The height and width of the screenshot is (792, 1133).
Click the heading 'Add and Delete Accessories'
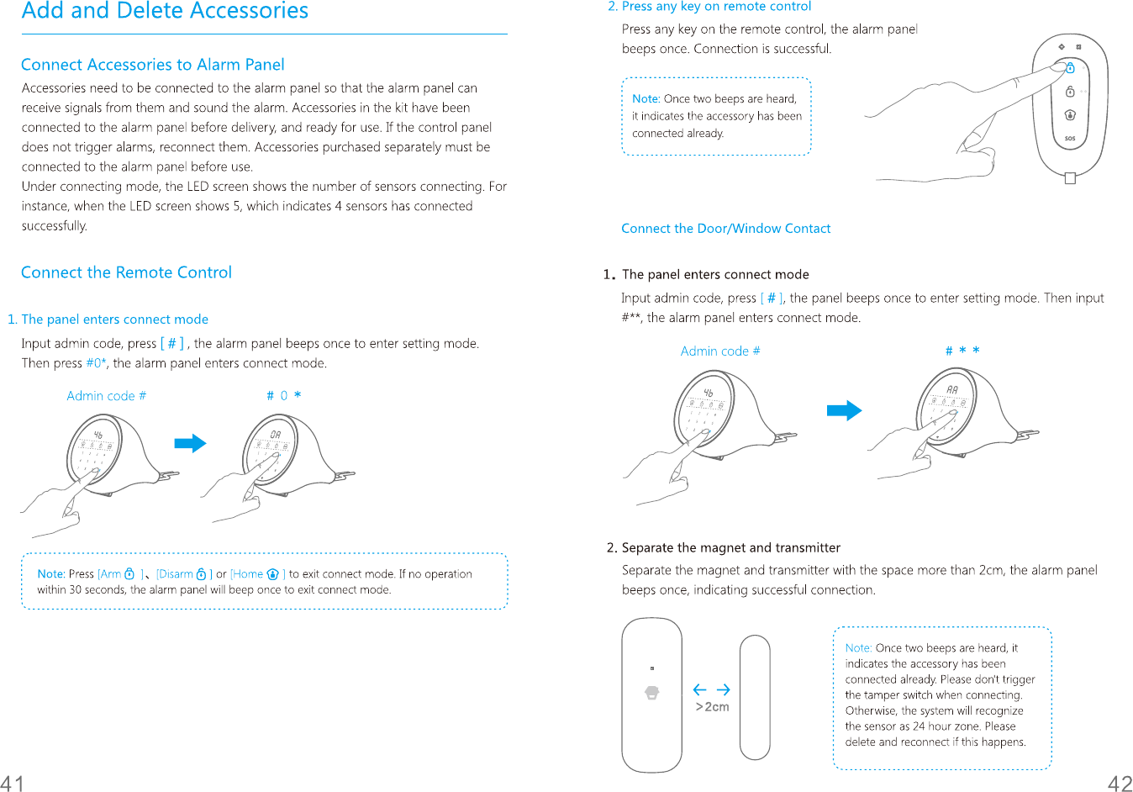[165, 11]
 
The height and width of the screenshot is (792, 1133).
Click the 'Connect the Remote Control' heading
[126, 272]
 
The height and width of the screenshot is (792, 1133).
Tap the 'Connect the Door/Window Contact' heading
[725, 229]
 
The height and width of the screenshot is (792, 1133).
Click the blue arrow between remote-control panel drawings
[190, 443]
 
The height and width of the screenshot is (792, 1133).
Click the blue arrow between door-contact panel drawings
[844, 410]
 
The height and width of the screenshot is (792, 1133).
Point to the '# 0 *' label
[283, 395]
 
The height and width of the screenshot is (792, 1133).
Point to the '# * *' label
[962, 351]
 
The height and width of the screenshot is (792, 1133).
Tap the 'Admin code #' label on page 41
[106, 396]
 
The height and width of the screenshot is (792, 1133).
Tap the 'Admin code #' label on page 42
[719, 351]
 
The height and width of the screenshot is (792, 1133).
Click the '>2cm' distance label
[713, 707]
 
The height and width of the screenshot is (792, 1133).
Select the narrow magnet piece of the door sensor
[755, 697]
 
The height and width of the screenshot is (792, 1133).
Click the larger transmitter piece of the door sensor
[651, 694]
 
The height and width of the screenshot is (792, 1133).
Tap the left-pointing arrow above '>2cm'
[699, 689]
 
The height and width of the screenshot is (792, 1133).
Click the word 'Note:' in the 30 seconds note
[51, 574]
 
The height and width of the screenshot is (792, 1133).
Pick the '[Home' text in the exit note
[247, 574]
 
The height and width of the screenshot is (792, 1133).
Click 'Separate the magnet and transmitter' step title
[730, 548]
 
